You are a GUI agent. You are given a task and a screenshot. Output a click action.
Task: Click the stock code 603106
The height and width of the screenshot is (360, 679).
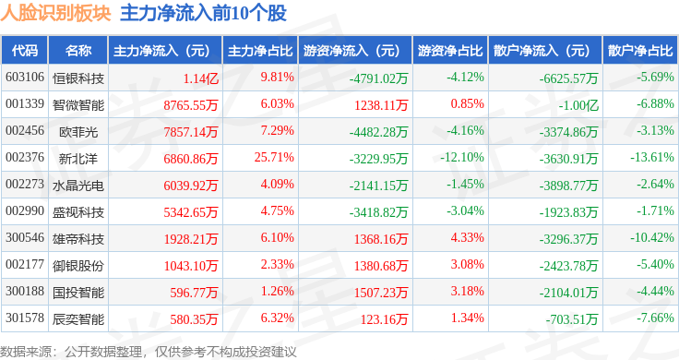(x=25, y=78)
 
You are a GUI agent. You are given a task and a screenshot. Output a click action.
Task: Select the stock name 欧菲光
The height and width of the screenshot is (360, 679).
(x=78, y=132)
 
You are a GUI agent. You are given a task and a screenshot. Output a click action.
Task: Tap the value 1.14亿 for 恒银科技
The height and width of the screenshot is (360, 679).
(x=200, y=78)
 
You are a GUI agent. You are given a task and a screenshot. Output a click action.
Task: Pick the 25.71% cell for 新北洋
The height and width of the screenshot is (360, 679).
(x=274, y=157)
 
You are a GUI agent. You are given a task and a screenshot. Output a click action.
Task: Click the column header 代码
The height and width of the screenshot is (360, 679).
(x=25, y=51)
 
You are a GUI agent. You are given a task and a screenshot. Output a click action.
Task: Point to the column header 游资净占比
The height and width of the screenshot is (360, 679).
(x=450, y=51)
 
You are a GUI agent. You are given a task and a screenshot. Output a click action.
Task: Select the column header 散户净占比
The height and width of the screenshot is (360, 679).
(x=640, y=51)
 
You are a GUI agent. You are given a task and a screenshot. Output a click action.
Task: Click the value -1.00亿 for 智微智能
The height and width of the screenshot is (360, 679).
(x=578, y=105)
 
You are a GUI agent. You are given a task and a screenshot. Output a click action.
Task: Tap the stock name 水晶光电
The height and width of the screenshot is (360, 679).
(x=78, y=186)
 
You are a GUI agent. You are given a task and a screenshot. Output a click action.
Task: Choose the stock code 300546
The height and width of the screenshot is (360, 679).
(x=25, y=237)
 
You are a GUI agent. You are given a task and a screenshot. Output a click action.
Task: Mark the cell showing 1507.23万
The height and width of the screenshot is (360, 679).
(x=381, y=293)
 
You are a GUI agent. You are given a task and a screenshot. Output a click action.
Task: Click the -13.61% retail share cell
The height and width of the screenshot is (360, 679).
(x=651, y=157)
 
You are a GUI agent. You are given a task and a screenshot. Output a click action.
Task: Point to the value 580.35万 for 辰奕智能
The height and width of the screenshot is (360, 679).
(x=194, y=319)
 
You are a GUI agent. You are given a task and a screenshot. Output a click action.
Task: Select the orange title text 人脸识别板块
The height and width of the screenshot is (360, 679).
(x=56, y=13)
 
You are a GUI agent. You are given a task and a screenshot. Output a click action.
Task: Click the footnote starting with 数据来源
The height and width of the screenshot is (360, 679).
(x=149, y=352)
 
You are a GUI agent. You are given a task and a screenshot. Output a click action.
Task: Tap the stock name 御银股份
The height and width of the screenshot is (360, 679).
(x=78, y=266)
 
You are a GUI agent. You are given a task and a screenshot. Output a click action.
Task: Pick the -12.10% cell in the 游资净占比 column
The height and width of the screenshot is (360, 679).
(x=461, y=157)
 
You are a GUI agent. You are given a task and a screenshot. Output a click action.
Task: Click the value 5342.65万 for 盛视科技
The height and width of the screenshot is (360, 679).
(x=191, y=212)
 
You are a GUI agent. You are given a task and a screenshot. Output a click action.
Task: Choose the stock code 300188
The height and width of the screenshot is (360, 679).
(x=25, y=291)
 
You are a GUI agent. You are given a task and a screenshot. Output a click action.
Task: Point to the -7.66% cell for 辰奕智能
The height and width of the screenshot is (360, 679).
(x=655, y=318)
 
